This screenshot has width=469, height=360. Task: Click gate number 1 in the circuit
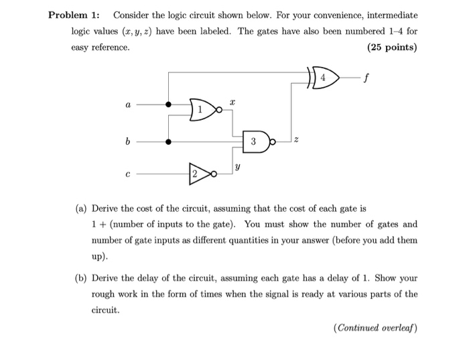pyautogui.click(x=202, y=109)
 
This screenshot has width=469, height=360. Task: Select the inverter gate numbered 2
pyautogui.click(x=198, y=174)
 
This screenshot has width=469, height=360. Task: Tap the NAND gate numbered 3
pyautogui.click(x=255, y=141)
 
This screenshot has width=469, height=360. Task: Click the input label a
pyautogui.click(x=127, y=105)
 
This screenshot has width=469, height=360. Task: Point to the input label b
pyautogui.click(x=127, y=141)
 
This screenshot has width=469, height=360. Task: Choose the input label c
pyautogui.click(x=127, y=174)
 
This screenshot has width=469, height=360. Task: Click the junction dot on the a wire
pyautogui.click(x=168, y=105)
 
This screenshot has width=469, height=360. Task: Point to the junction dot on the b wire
pyautogui.click(x=168, y=141)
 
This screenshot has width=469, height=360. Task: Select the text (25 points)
pyautogui.click(x=392, y=48)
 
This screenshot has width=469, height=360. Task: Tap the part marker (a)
pyautogui.click(x=81, y=208)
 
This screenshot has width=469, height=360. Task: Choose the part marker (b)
pyautogui.click(x=81, y=278)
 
